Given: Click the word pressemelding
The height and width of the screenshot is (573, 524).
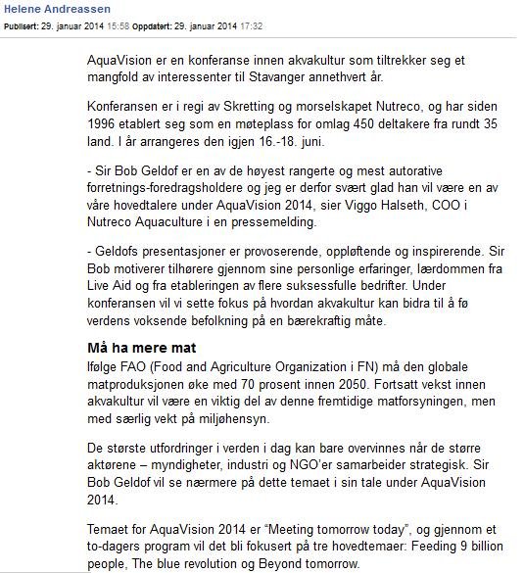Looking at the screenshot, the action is pyautogui.click(x=283, y=223).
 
